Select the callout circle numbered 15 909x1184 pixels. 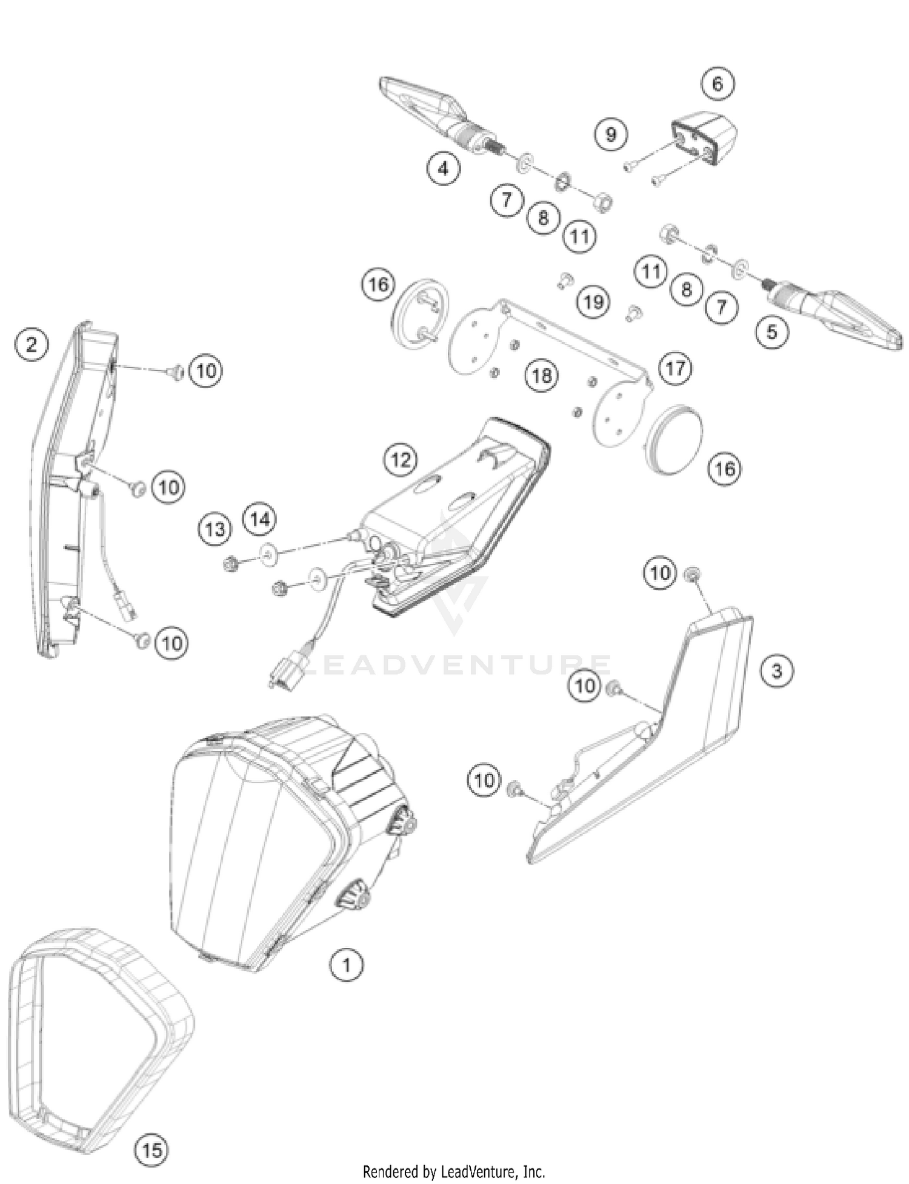coord(151,1149)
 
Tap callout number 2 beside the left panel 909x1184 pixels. coord(32,344)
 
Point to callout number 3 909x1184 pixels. coord(776,670)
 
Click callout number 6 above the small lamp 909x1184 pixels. coord(718,84)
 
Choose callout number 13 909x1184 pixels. coord(215,529)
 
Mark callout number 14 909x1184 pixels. coord(259,519)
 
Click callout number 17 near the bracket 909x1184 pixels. coord(676,368)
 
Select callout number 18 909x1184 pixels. coord(541,375)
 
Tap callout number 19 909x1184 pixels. coord(593,301)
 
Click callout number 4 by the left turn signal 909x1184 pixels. coord(443,168)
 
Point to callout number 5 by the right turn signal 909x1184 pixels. coord(771,331)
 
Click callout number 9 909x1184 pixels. coord(611,134)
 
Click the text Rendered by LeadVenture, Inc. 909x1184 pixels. coord(454,1171)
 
